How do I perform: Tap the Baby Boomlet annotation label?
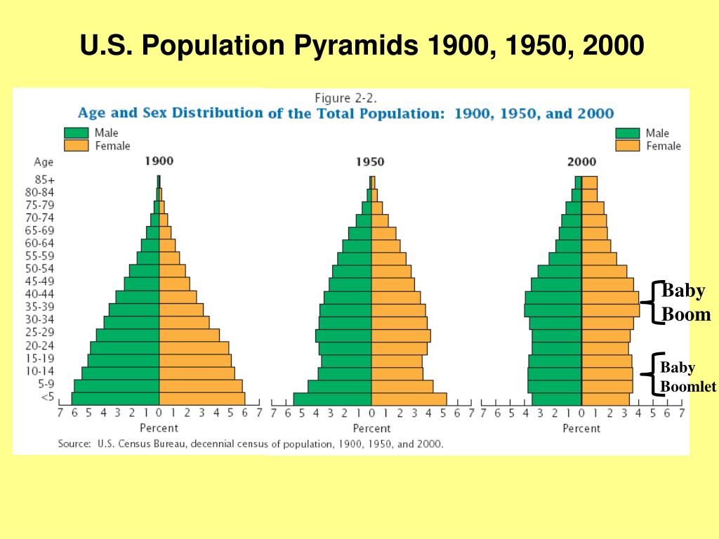(x=687, y=377)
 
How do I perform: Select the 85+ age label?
(x=44, y=179)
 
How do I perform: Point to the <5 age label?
(x=48, y=397)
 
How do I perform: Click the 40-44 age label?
(x=44, y=294)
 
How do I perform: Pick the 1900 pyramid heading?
(x=159, y=161)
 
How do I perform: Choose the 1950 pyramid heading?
(x=370, y=161)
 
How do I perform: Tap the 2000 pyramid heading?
(x=581, y=161)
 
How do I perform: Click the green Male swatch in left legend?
(x=76, y=133)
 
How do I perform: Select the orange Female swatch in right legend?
(x=627, y=146)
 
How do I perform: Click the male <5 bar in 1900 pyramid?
(x=115, y=399)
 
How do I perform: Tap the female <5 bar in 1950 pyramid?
(x=409, y=399)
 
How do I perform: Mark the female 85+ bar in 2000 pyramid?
(x=589, y=182)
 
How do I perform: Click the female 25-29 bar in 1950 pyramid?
(x=400, y=335)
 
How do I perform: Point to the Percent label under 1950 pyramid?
(x=371, y=428)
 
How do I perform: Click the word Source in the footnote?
(x=74, y=444)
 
